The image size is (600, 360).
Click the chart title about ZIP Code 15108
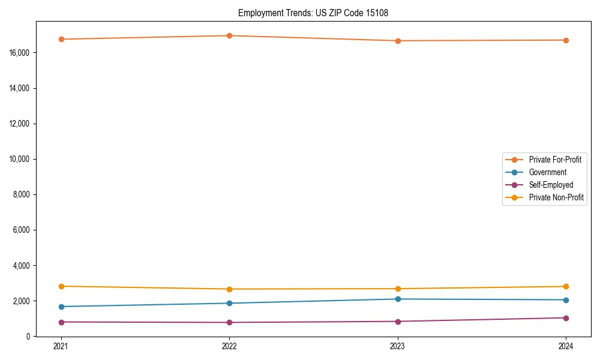click(x=313, y=13)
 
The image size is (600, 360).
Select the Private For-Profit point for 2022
click(x=229, y=35)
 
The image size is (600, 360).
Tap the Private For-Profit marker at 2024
click(x=566, y=40)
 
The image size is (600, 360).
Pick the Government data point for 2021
click(x=61, y=307)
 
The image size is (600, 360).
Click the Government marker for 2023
click(x=397, y=299)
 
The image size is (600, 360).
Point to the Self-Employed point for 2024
click(x=566, y=318)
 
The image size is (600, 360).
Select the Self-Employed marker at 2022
click(x=229, y=322)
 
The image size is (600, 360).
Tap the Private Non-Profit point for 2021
click(x=61, y=286)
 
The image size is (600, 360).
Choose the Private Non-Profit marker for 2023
click(x=397, y=289)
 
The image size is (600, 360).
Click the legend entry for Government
click(x=547, y=172)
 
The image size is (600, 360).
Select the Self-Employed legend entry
click(x=551, y=185)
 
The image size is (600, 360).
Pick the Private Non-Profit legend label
click(x=556, y=197)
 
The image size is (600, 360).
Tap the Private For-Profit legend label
click(x=554, y=160)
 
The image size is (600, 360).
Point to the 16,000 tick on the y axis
click(x=20, y=53)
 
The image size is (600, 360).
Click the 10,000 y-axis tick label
click(x=20, y=159)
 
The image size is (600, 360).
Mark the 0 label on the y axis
click(x=28, y=337)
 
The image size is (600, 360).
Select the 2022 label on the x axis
click(x=229, y=346)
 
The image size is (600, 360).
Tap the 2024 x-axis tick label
click(x=566, y=346)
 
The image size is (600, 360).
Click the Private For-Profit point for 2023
click(x=397, y=41)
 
